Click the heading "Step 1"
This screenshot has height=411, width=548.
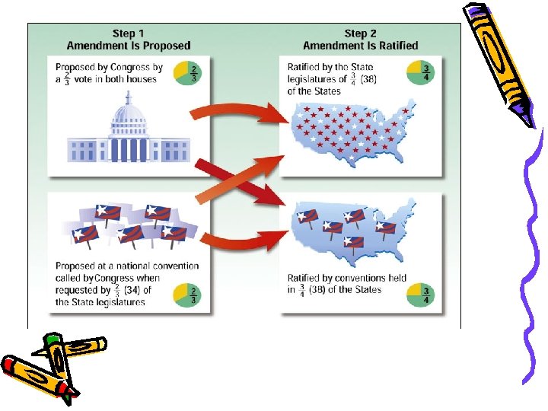coord(129,33)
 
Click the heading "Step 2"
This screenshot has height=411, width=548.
coord(361,33)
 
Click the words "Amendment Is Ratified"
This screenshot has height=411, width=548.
coord(361,46)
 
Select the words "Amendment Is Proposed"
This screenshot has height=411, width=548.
coord(129,46)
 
